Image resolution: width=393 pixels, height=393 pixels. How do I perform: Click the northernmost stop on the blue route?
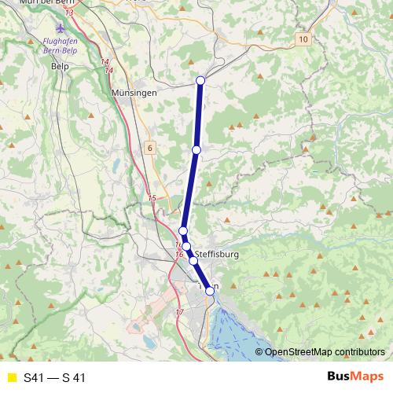pos(200,80)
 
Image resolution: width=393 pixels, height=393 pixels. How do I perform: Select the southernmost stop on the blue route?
pos(210,291)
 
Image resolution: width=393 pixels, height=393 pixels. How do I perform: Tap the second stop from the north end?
pos(196,149)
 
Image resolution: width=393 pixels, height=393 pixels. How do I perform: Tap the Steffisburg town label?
pos(216,255)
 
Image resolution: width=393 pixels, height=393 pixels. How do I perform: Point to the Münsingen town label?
pos(134,92)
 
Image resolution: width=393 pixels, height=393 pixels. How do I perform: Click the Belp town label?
pos(59,67)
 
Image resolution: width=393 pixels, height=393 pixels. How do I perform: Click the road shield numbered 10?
pos(304,39)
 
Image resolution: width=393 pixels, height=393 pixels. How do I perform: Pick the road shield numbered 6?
pos(149,147)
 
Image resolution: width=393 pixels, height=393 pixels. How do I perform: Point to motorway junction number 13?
pos(71,13)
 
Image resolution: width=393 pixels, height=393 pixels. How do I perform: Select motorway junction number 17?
pos(179,313)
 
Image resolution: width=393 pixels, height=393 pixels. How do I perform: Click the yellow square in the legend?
pos(11,378)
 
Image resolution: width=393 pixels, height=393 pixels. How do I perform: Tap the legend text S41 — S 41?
pos(54,378)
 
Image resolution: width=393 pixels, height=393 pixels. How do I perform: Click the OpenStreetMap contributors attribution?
pos(324,353)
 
